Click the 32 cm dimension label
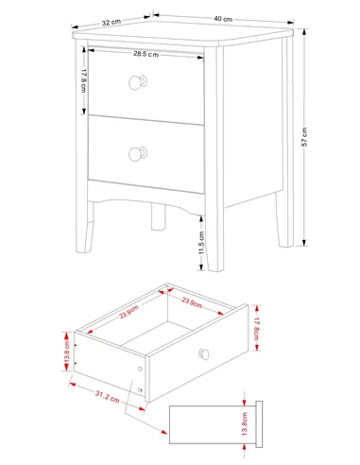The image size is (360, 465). coord(111,23)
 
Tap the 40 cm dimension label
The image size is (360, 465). coord(223,19)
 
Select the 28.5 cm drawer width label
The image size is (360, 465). coord(146,54)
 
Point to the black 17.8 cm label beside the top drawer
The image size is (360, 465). coord(84,80)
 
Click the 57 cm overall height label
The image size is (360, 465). coord(304,137)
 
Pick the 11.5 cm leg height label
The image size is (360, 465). coord(201,243)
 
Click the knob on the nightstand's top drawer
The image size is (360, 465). coord(138,82)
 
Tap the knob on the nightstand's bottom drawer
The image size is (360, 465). coord(138,154)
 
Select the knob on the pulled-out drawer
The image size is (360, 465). coord(204,354)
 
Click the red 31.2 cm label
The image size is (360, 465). coord(108,396)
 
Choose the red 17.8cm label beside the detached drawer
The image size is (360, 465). coord(256,329)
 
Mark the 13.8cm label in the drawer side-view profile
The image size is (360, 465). coord(245,424)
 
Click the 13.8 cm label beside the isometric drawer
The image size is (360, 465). coord(67,352)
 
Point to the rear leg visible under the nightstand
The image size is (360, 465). coord(159,216)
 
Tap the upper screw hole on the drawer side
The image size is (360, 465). coord(140,369)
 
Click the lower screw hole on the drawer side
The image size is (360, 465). coord(140,390)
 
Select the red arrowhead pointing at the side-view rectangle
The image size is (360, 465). coord(164,432)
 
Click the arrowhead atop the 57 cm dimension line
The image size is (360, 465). coord(304,32)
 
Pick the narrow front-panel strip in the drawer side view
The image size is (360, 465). coord(259,424)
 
